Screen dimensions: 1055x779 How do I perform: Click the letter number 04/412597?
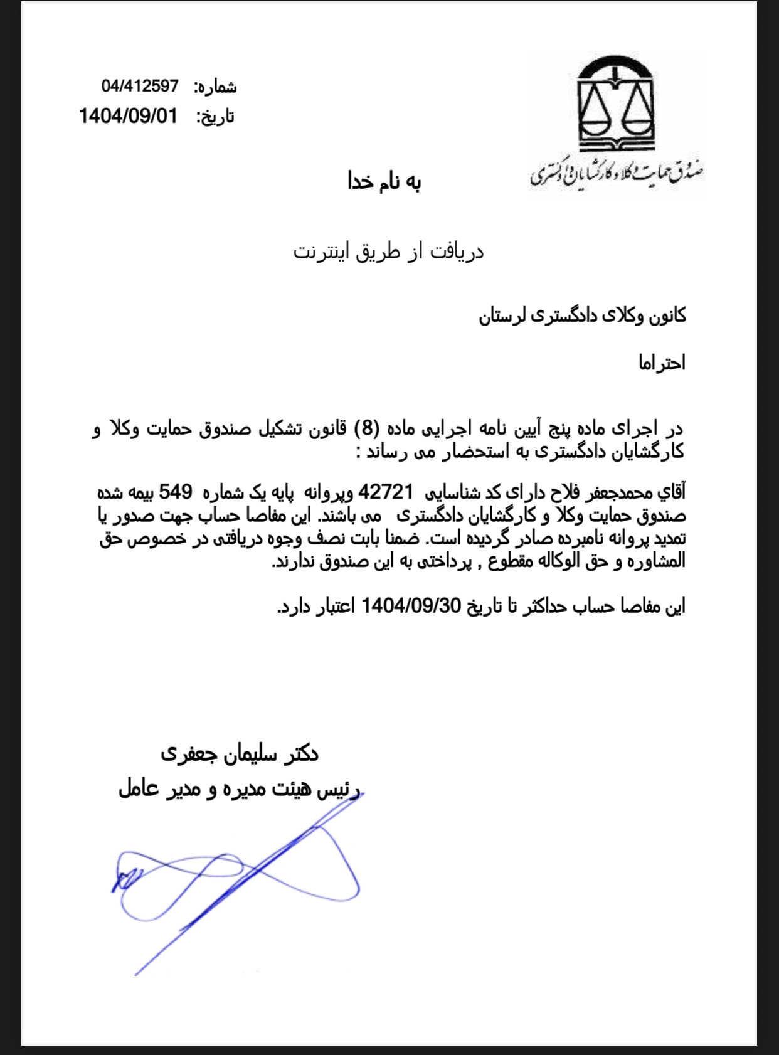tap(140, 86)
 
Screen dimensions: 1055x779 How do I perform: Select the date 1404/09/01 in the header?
tap(128, 116)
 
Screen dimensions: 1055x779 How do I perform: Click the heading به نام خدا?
tap(384, 182)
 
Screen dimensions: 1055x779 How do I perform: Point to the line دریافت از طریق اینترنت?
tap(388, 252)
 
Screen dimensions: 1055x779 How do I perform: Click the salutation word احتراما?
tap(662, 363)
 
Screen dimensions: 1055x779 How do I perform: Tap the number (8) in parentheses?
tap(367, 428)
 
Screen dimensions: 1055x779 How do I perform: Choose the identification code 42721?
tap(385, 492)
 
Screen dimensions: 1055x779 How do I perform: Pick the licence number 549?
tap(175, 492)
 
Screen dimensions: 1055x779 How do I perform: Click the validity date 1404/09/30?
tap(411, 606)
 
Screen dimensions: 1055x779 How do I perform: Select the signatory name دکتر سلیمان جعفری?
tap(240, 753)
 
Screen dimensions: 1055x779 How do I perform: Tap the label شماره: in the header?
tap(215, 87)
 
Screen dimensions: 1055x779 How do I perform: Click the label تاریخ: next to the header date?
tap(215, 117)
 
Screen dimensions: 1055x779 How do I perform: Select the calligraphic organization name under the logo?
tap(617, 174)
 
